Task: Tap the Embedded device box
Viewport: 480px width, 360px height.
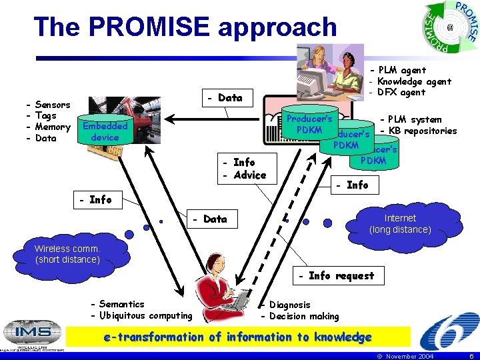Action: (105, 131)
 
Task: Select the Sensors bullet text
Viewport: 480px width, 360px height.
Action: (52, 105)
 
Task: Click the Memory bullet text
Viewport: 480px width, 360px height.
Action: (52, 127)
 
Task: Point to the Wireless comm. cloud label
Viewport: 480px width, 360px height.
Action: (67, 254)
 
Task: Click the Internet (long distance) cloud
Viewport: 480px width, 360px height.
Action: (400, 224)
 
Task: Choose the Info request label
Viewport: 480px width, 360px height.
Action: (341, 275)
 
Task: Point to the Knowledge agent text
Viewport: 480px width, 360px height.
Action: (414, 81)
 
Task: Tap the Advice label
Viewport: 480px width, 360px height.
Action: (249, 175)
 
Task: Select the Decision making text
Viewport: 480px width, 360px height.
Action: (303, 316)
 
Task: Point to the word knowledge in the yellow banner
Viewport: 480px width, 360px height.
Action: (337, 337)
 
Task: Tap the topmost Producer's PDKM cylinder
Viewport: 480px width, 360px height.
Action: (309, 124)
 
